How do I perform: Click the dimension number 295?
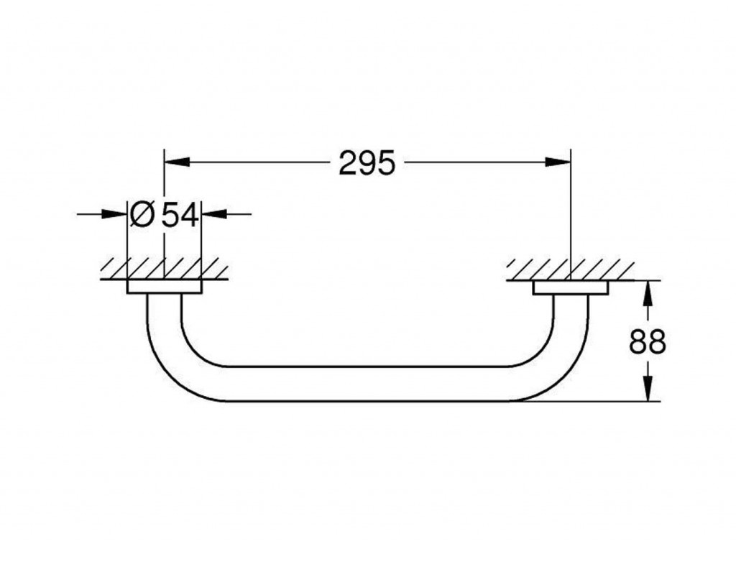(x=367, y=163)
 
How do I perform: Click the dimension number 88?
(x=648, y=341)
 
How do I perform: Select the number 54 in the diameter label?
(x=180, y=216)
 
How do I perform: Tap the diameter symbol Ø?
(x=142, y=215)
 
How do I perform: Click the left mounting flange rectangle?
(x=165, y=287)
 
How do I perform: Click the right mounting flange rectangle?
(x=571, y=287)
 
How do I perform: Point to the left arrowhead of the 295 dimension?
(x=177, y=162)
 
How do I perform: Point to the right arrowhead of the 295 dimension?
(x=558, y=162)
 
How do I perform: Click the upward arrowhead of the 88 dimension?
(x=648, y=294)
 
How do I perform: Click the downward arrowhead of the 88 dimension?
(x=648, y=388)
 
